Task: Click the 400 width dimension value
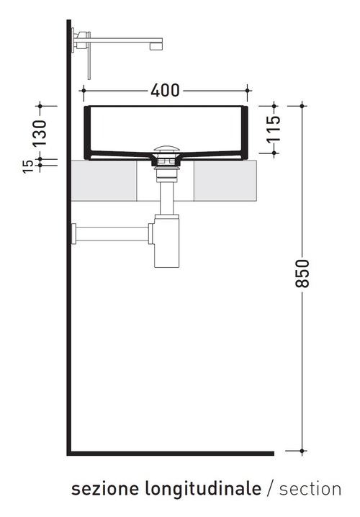(166, 91)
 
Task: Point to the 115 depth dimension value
(274, 130)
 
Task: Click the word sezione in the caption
(104, 490)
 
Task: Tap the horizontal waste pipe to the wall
(112, 233)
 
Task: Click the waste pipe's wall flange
(73, 233)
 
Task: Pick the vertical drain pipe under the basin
(166, 198)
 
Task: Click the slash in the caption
(270, 490)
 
